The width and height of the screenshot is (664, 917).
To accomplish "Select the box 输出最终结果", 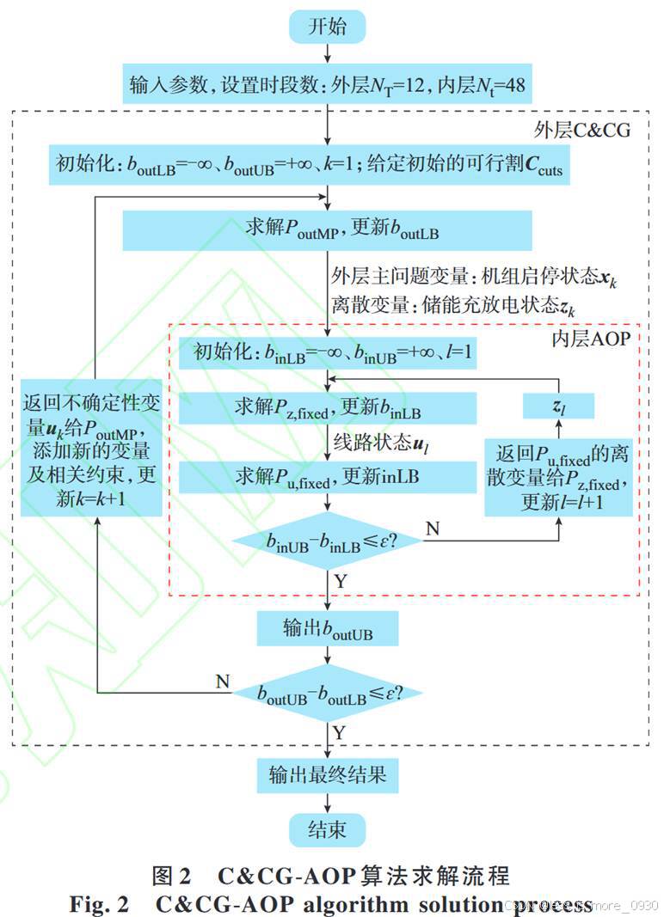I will (327, 776).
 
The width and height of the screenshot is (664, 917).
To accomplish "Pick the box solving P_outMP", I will (327, 229).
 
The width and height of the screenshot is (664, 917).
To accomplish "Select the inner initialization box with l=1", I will (327, 352).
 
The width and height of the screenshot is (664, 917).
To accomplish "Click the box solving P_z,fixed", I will (327, 407).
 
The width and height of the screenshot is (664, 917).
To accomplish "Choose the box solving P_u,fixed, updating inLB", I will (327, 475).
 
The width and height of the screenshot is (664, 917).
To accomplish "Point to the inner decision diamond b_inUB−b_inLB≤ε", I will (327, 541).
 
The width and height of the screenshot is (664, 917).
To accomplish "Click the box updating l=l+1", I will (559, 477).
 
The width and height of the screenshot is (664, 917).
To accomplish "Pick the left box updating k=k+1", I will (92, 448).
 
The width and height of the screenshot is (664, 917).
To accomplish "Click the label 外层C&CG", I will (582, 131).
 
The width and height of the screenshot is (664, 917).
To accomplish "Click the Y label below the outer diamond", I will (340, 732).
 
